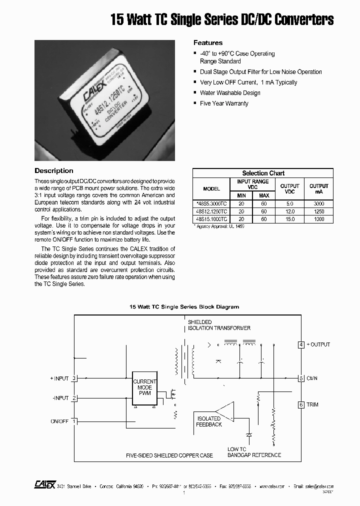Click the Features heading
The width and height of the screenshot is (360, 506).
(x=208, y=43)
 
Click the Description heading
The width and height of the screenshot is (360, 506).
(x=54, y=171)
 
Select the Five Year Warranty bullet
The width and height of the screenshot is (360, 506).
(x=223, y=103)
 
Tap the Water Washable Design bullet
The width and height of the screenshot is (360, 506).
(x=229, y=93)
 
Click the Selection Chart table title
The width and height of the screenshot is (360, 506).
(x=263, y=173)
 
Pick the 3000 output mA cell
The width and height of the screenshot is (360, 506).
(x=318, y=204)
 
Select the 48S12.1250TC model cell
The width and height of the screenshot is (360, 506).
(x=211, y=211)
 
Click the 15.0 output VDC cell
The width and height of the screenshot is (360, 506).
(x=289, y=219)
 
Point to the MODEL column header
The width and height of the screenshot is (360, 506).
(x=211, y=189)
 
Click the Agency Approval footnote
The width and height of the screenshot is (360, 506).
(x=219, y=226)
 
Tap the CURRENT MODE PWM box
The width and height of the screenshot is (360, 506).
(x=144, y=387)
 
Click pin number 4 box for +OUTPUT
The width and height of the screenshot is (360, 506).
(x=301, y=344)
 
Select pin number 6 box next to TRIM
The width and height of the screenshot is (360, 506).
(x=301, y=404)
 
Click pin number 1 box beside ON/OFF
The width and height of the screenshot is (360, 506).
(x=74, y=421)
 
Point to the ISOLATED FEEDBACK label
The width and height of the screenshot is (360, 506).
(x=209, y=421)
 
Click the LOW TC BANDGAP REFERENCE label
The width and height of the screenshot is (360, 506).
(x=254, y=452)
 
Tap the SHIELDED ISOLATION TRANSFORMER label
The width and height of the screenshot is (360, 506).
(x=219, y=325)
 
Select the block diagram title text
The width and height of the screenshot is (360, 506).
(x=184, y=306)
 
